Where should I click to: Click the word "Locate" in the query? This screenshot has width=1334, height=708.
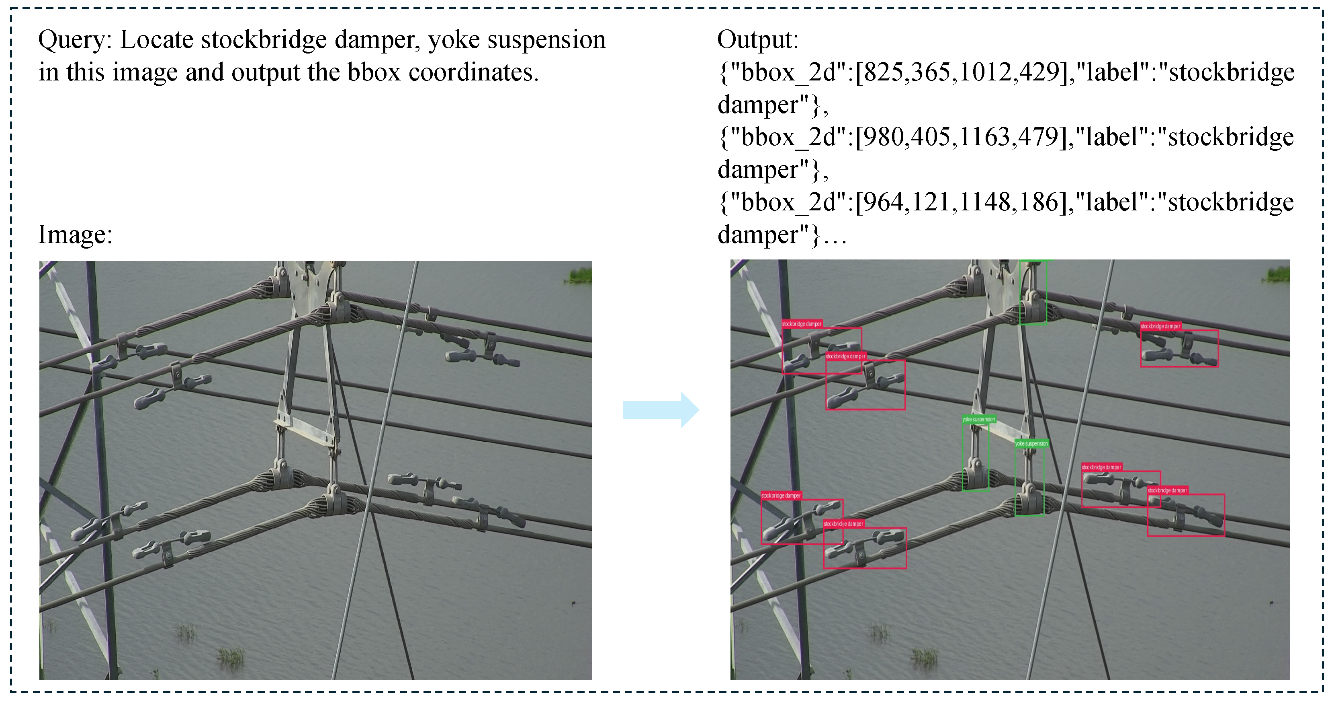click(x=156, y=40)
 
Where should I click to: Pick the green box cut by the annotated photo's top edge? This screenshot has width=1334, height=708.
click(x=1033, y=292)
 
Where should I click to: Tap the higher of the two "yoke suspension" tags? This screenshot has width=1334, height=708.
click(x=979, y=419)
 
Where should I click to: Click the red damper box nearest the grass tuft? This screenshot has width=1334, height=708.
click(x=1179, y=348)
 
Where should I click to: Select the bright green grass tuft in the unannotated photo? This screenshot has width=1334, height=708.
click(x=580, y=275)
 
